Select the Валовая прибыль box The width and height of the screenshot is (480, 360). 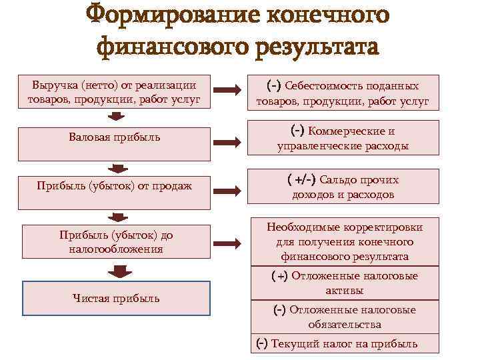click(x=114, y=137)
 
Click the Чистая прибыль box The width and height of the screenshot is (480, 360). click(x=116, y=298)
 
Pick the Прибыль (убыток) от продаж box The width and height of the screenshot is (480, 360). click(x=114, y=186)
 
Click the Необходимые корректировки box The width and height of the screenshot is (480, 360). click(x=345, y=241)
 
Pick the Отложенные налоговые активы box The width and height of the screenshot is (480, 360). click(x=345, y=283)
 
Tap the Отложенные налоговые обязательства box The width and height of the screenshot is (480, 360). click(x=345, y=317)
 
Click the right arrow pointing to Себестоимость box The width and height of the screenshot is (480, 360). click(x=229, y=92)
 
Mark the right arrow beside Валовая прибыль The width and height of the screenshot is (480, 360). click(x=229, y=142)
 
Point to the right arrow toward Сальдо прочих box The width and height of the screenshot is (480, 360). click(x=229, y=187)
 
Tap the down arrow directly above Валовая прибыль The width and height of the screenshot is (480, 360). click(x=117, y=117)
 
